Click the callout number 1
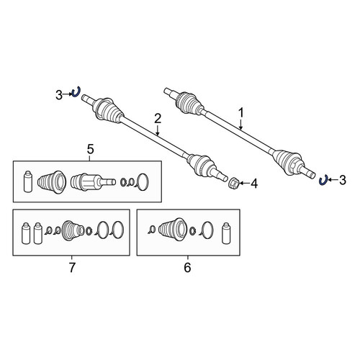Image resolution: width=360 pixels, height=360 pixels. [x=240, y=113]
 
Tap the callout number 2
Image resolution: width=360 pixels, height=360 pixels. [x=158, y=119]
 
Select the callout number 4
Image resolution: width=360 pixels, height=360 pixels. [x=254, y=184]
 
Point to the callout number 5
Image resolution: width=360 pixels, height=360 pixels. [x=90, y=150]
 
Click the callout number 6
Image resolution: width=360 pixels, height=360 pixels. [x=187, y=267]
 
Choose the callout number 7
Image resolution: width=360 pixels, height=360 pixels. [x=72, y=267]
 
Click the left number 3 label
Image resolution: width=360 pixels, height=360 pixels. [x=59, y=95]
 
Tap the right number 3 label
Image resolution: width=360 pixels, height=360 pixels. [x=343, y=180]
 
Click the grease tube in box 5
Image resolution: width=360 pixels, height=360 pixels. [x=28, y=181]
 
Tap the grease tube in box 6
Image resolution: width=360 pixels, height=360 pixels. [x=225, y=233]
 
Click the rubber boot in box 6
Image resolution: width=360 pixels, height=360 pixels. [x=173, y=230]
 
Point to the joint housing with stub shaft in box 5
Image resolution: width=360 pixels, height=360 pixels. [x=93, y=182]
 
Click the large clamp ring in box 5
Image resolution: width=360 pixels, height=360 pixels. [x=143, y=182]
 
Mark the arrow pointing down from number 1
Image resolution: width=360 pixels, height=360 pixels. [x=240, y=124]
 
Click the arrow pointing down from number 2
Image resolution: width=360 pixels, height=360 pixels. [x=158, y=130]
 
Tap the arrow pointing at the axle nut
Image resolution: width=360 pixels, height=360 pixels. [x=244, y=184]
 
